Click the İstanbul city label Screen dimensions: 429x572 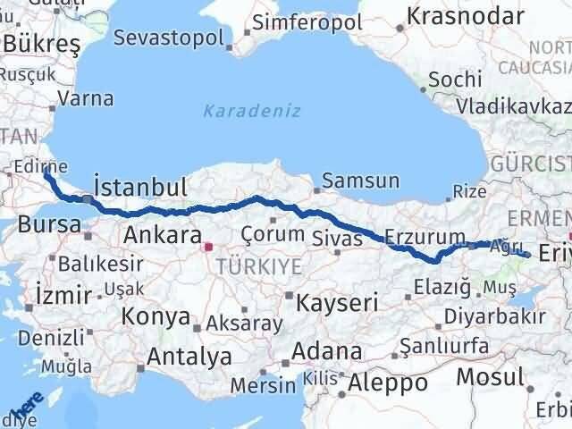pos(140,187)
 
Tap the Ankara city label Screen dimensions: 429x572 pos(162,235)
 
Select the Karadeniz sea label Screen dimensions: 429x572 pos(251,111)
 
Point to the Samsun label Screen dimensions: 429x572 pos(360,181)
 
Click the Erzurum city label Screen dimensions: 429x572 pos(425,238)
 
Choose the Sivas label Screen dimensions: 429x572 pos(338,238)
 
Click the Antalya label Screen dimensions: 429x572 pos(189,357)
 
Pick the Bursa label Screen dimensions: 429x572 pos(49,224)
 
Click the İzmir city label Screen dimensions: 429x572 pos(63,294)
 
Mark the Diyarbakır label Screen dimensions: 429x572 pos(498,316)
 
